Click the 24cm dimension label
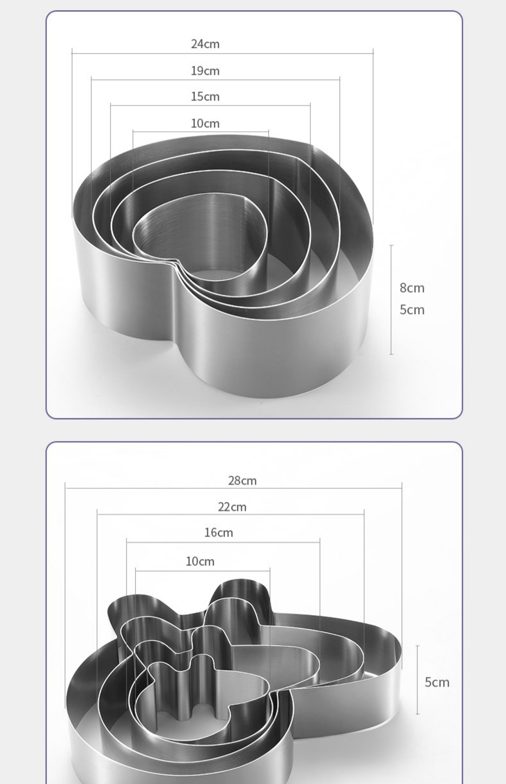[205, 44]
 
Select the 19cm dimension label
[205, 71]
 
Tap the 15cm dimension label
[205, 97]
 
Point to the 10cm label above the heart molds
[205, 124]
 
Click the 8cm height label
[412, 288]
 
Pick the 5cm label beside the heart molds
[412, 310]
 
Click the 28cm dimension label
[242, 481]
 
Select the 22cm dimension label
[232, 507]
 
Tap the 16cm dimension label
[219, 533]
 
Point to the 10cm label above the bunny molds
[200, 561]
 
